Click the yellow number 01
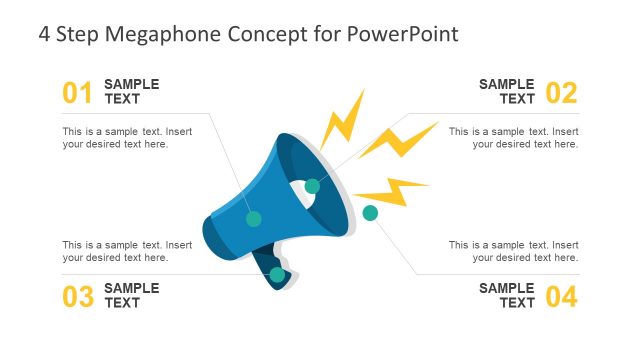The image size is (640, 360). (x=77, y=93)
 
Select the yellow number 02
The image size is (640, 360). (x=562, y=93)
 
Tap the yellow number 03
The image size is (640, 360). (x=77, y=296)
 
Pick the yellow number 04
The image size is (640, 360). (x=562, y=296)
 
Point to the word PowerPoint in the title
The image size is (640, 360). (x=402, y=33)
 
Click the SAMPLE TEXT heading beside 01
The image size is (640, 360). (x=131, y=92)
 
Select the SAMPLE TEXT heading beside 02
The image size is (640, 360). (x=507, y=92)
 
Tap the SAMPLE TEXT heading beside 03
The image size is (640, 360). (x=131, y=295)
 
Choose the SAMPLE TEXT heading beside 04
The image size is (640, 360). (x=507, y=295)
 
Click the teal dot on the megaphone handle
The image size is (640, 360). (x=277, y=274)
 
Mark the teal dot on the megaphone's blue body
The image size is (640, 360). (x=254, y=218)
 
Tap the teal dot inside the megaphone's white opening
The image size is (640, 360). (x=312, y=185)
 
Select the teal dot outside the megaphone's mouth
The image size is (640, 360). (x=370, y=212)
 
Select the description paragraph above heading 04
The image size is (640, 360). (x=513, y=251)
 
